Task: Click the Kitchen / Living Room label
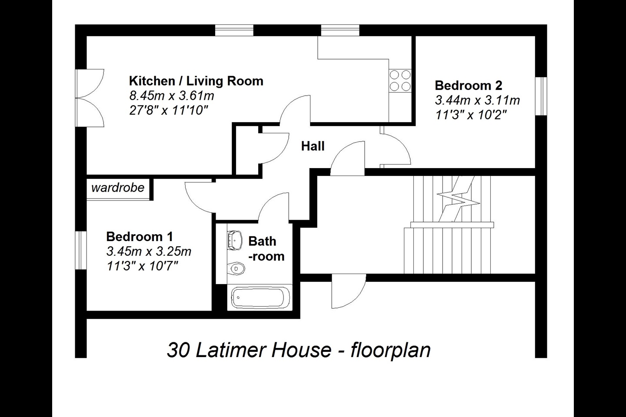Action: click(196, 81)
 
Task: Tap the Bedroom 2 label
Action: click(469, 85)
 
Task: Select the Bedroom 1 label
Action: click(140, 237)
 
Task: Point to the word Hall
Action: click(313, 146)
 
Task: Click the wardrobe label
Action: click(118, 188)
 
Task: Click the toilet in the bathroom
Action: click(236, 269)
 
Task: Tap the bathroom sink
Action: click(235, 240)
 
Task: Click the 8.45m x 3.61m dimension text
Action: click(172, 95)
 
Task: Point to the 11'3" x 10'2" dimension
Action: click(471, 115)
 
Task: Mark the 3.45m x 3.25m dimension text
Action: click(149, 252)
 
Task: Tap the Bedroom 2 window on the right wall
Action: click(541, 96)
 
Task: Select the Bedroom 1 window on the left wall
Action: click(81, 250)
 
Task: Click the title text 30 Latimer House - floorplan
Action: click(299, 350)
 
